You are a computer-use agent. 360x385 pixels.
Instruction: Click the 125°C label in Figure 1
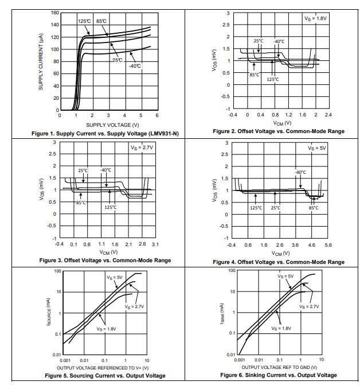(84, 21)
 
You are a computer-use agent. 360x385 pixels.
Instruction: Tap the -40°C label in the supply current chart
(135, 66)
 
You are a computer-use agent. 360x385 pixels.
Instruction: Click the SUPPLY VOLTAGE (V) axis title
(112, 124)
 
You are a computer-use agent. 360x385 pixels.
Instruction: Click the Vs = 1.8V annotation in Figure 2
(315, 18)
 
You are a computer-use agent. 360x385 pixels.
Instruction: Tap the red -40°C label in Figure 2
(279, 41)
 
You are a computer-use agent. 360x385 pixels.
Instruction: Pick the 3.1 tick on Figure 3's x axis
(155, 244)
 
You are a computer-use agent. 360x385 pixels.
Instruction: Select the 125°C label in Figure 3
(111, 207)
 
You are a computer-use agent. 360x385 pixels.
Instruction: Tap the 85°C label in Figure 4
(313, 208)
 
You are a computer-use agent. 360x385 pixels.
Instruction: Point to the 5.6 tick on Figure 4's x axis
(327, 245)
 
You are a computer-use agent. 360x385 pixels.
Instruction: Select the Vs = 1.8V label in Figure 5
(105, 329)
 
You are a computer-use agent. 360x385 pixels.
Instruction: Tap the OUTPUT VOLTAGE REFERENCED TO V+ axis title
(103, 367)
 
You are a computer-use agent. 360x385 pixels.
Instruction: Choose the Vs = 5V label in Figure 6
(285, 276)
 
